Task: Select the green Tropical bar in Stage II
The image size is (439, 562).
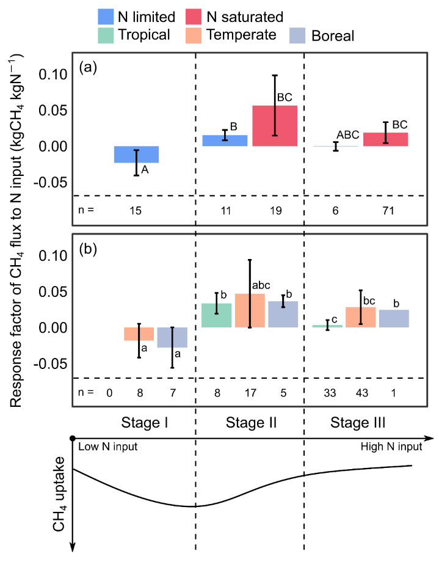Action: point(217,315)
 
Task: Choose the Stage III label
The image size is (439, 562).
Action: point(358,422)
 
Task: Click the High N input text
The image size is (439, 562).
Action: point(391,447)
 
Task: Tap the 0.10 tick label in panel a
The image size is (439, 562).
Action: point(52,75)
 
